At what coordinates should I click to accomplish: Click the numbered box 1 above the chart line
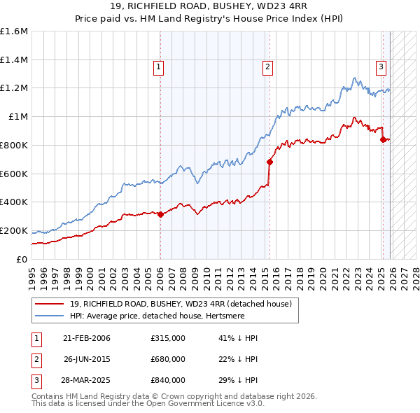(x=160, y=67)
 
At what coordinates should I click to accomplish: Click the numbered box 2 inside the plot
(x=267, y=67)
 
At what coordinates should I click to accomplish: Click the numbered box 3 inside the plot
(x=381, y=67)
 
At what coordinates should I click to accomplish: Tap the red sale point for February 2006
(x=160, y=214)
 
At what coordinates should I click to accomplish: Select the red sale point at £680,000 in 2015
(x=269, y=162)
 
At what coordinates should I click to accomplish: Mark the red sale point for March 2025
(x=383, y=139)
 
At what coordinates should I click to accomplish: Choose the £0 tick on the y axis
(x=22, y=259)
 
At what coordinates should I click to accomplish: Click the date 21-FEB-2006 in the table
(x=87, y=338)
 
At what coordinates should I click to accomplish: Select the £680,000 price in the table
(x=167, y=359)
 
